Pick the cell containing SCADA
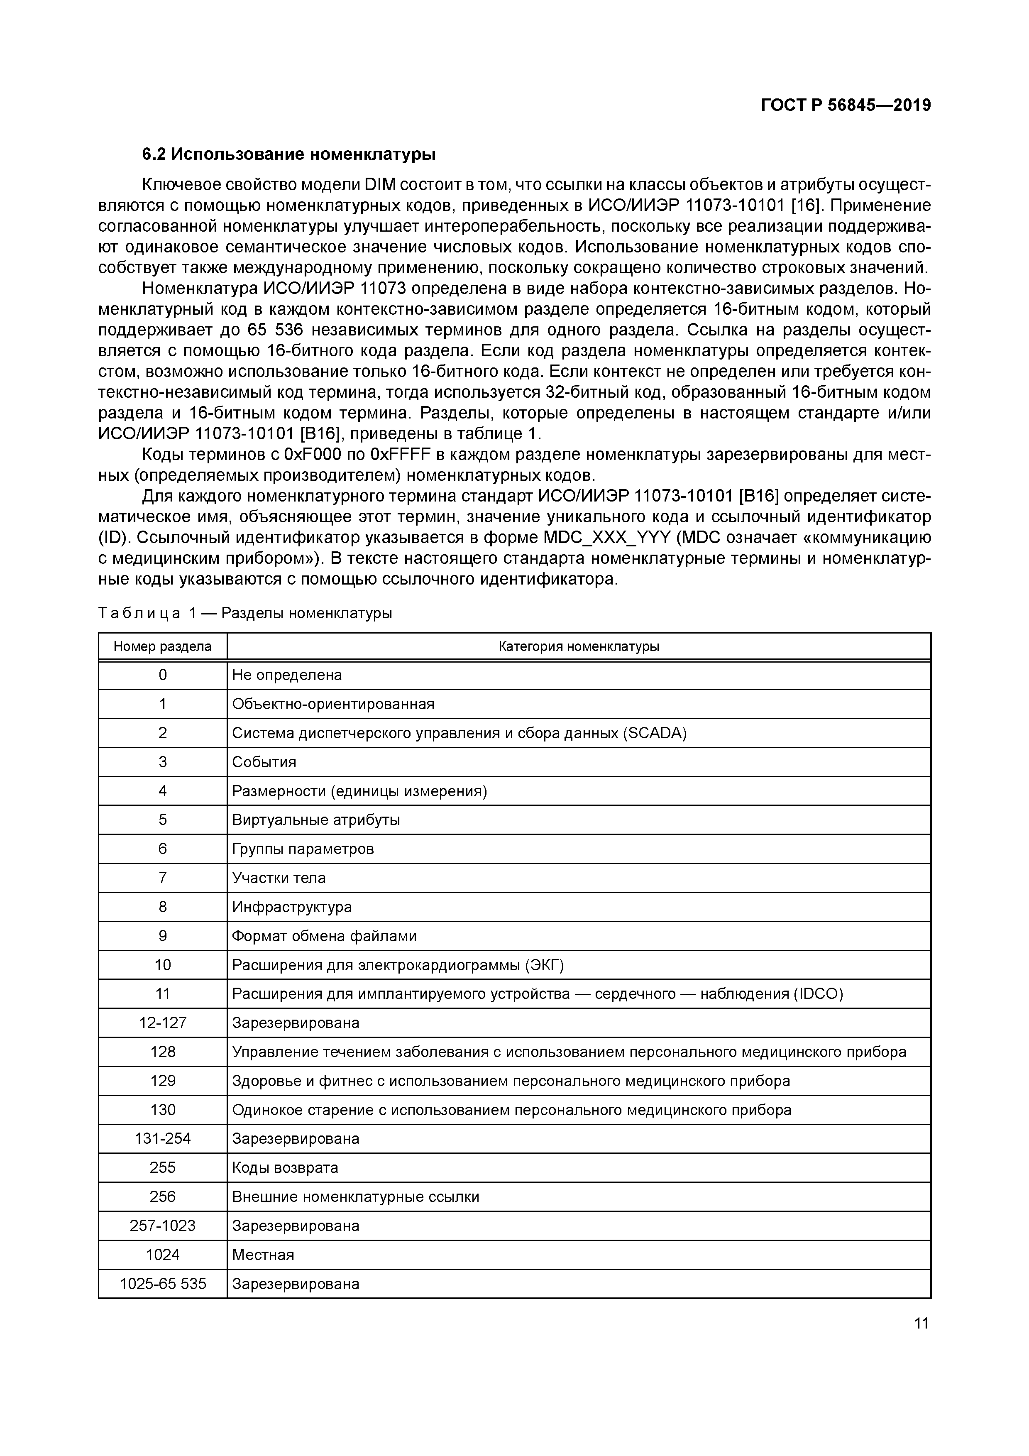tap(459, 733)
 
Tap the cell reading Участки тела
tap(279, 878)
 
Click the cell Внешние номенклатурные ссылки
tap(356, 1197)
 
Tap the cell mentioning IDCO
tap(537, 994)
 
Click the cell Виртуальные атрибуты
tap(316, 820)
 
